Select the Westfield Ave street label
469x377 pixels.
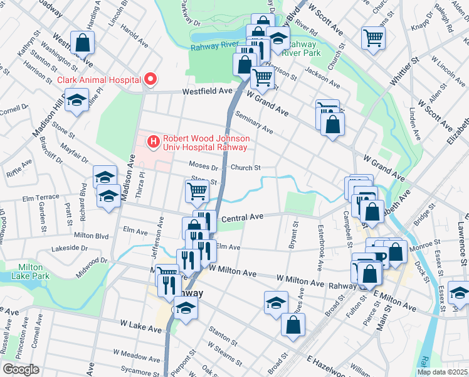coord(207,91)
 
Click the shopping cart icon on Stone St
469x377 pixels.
coord(198,190)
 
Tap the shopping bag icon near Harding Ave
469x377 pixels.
coord(82,43)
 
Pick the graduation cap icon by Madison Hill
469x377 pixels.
coord(76,100)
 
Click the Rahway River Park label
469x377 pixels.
coord(301,49)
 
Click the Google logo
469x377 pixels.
coord(21,369)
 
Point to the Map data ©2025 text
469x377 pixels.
coord(441,372)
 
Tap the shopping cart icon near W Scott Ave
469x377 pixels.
coord(373,38)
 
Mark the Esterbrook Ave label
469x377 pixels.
coord(320,248)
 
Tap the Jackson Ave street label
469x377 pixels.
coord(322,80)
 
